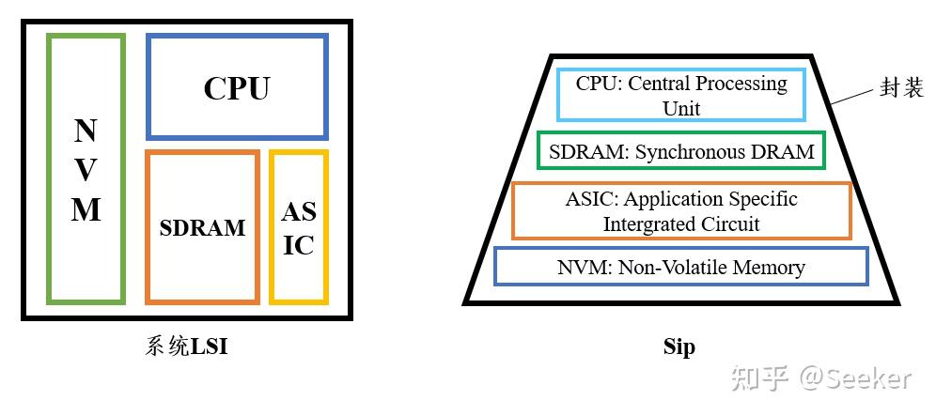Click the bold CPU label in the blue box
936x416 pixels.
[237, 87]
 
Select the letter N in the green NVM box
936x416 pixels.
[86, 131]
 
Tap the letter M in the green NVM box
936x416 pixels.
[86, 209]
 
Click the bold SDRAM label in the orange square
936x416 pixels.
[202, 227]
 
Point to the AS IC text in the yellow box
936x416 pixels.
[299, 227]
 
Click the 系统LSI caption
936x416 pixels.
[186, 347]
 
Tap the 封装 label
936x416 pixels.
[901, 87]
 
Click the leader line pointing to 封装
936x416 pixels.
[853, 96]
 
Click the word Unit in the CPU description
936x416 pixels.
[681, 108]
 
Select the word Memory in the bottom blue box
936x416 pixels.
[769, 268]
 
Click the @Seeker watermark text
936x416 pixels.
[855, 378]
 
